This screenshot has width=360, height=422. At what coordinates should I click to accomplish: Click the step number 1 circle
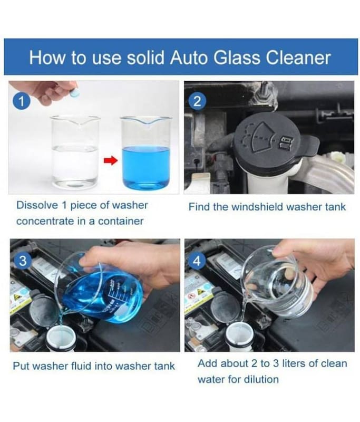21,101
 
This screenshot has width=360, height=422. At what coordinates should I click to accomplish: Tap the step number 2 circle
197,101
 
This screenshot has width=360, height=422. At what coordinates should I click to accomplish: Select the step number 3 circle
23,261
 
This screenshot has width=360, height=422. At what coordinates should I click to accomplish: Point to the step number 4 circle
197,261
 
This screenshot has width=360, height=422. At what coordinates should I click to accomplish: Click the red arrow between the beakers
111,161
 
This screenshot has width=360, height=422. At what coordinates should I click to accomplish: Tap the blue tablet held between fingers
73,93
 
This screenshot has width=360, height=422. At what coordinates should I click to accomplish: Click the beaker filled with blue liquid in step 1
145,152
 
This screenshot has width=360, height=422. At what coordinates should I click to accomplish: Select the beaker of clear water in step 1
75,152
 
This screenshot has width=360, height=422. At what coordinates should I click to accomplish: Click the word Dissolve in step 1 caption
37,205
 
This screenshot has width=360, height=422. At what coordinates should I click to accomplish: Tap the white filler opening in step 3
61,338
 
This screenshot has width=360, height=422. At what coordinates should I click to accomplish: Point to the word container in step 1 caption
121,221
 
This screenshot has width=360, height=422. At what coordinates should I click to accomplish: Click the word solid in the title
145,57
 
